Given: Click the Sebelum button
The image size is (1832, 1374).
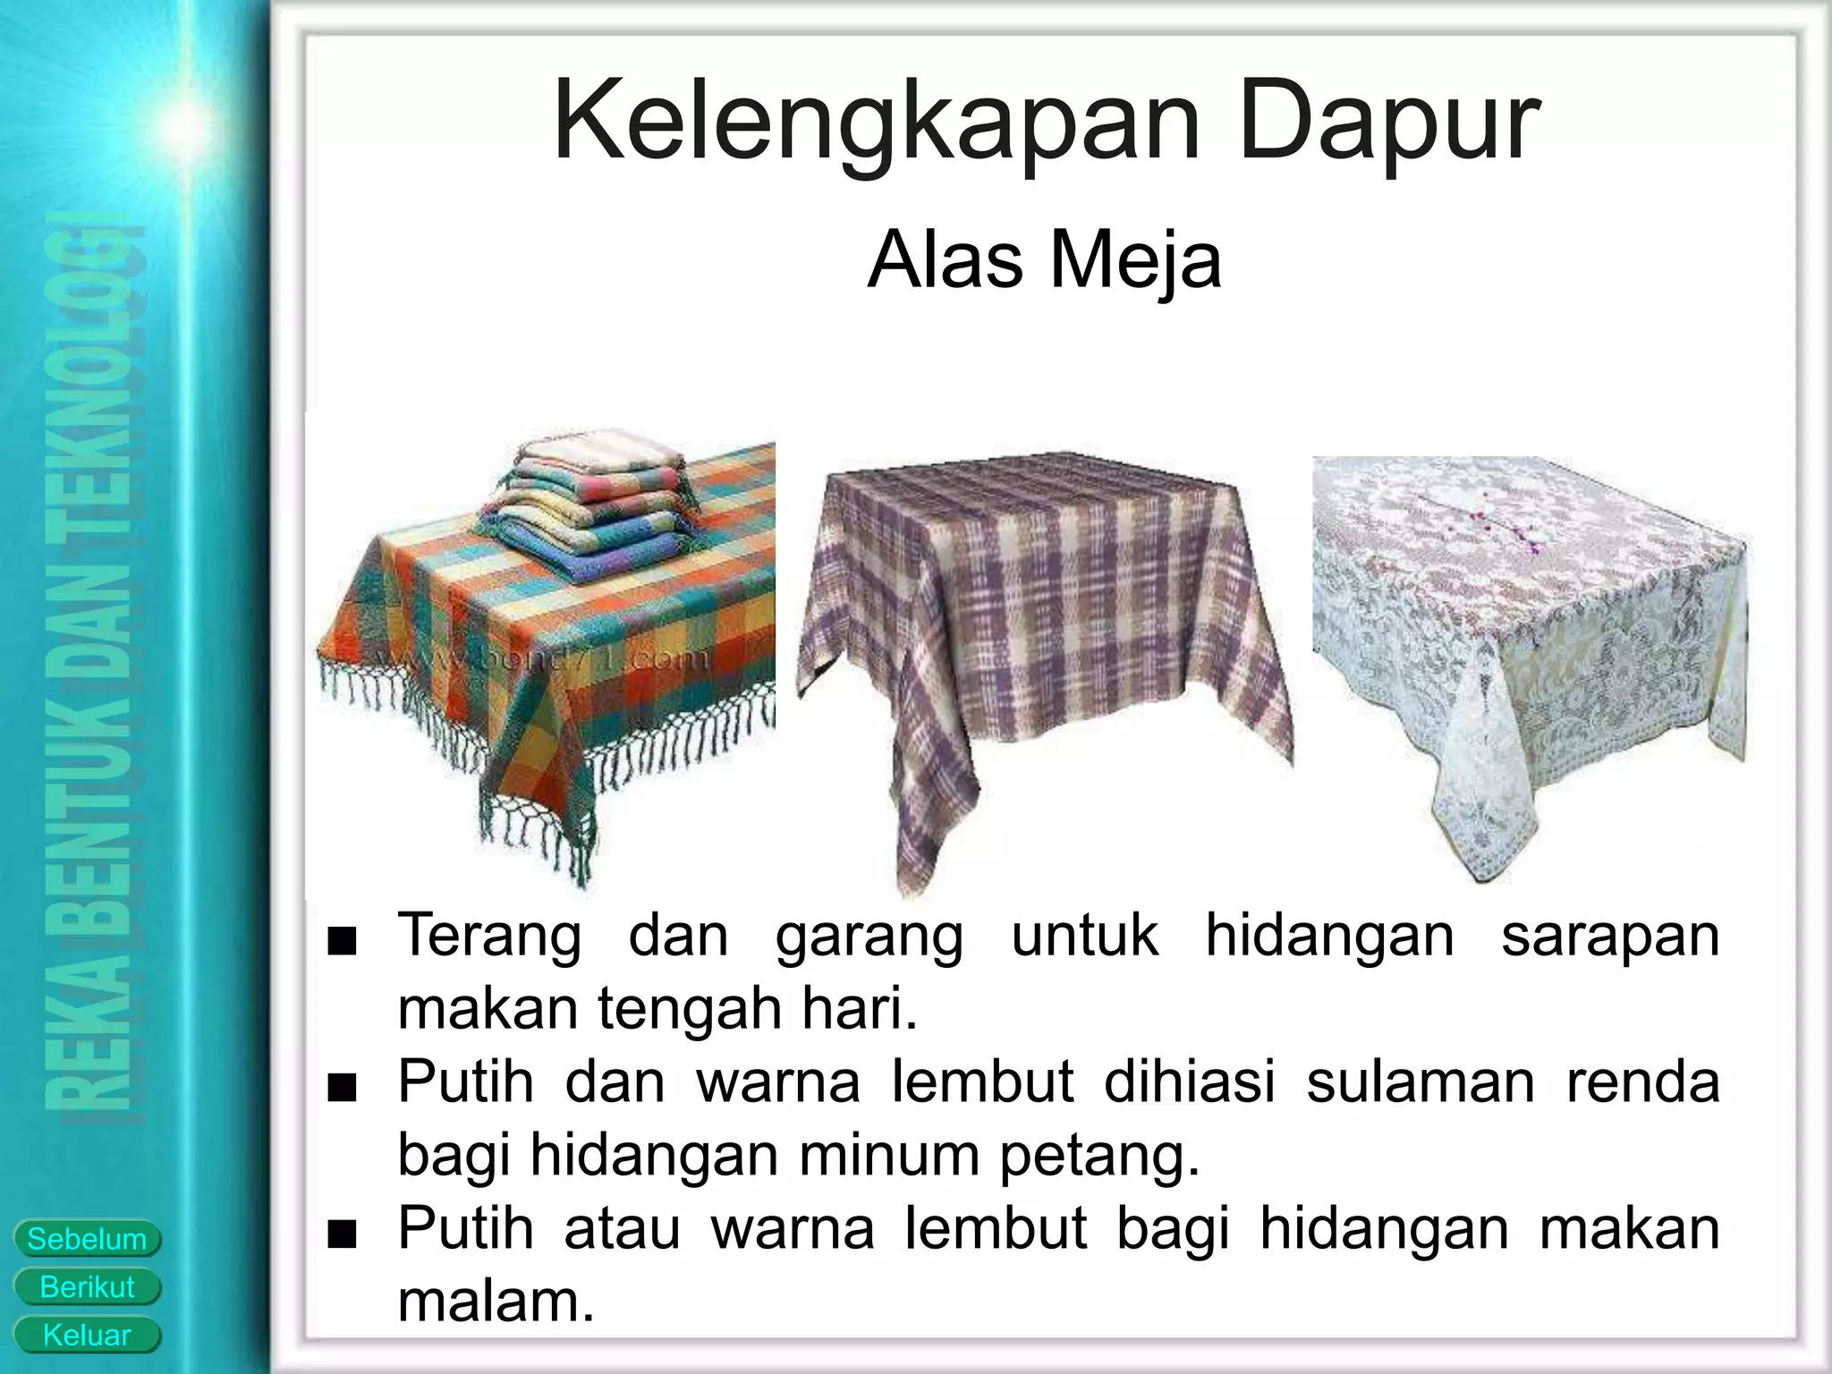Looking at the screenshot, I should (87, 1239).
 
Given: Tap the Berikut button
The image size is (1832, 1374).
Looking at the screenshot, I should (87, 1287).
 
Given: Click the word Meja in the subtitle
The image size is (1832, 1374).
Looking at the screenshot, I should (1135, 260).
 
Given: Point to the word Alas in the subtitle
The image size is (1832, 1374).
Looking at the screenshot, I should (945, 260).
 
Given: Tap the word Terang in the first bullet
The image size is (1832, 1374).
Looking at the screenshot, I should (488, 937).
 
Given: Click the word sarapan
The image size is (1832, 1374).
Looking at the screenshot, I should (1609, 937).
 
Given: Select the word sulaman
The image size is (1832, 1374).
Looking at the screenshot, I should (1420, 1081).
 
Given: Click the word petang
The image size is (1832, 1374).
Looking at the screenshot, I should (1099, 1155).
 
